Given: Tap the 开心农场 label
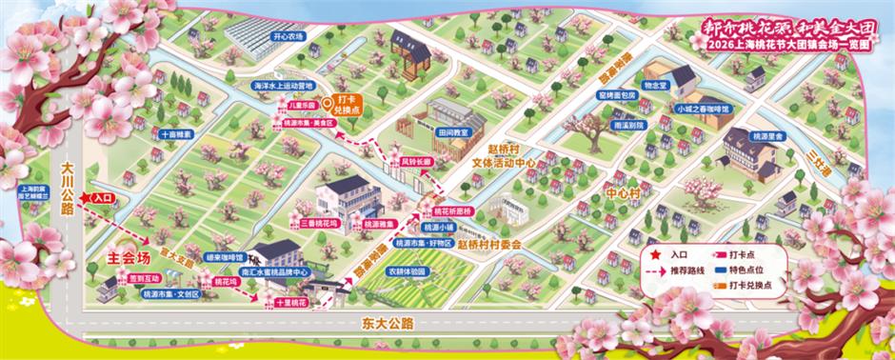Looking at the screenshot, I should coord(288,36).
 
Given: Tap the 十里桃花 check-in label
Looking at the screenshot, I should coord(290,301).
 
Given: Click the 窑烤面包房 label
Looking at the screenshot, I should coord(616,95).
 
